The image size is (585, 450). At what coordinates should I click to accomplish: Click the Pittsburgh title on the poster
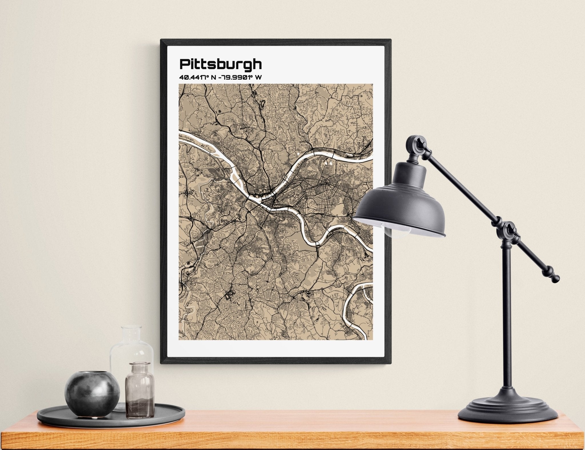pos(220,65)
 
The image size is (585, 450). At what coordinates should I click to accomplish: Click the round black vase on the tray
pos(92,391)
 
